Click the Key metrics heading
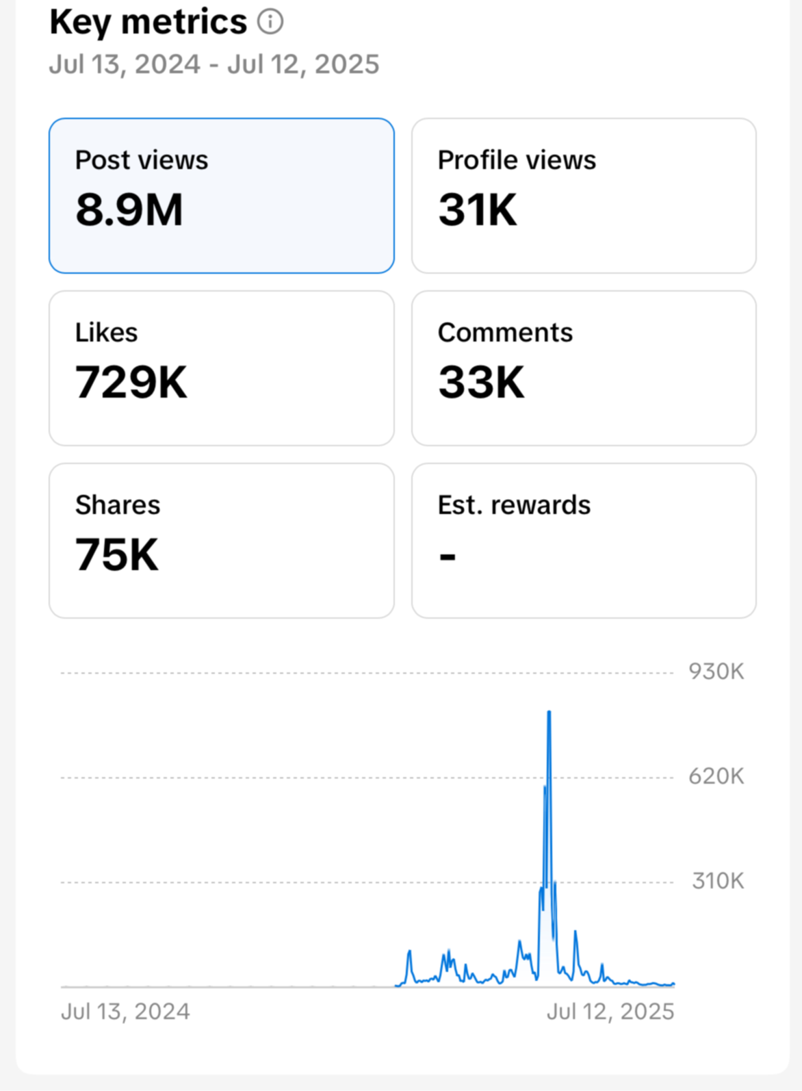pyautogui.click(x=148, y=23)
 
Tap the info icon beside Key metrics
pyautogui.click(x=270, y=22)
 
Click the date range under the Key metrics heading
pyautogui.click(x=214, y=64)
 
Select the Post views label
pyautogui.click(x=142, y=160)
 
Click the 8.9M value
pyautogui.click(x=129, y=209)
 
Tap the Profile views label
pyautogui.click(x=517, y=160)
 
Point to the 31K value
pyautogui.click(x=478, y=209)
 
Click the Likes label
pyautogui.click(x=106, y=333)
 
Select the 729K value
pyautogui.click(x=131, y=382)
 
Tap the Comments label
pyautogui.click(x=505, y=333)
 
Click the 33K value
pyautogui.click(x=481, y=382)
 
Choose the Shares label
pyautogui.click(x=118, y=505)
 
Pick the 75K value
pyautogui.click(x=117, y=554)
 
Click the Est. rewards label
pyautogui.click(x=514, y=505)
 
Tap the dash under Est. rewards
pyautogui.click(x=448, y=556)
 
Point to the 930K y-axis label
pyautogui.click(x=716, y=671)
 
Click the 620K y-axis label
pyautogui.click(x=716, y=776)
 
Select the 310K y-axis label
pyautogui.click(x=717, y=881)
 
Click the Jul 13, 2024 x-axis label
pyautogui.click(x=125, y=1012)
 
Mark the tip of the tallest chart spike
pyautogui.click(x=549, y=712)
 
